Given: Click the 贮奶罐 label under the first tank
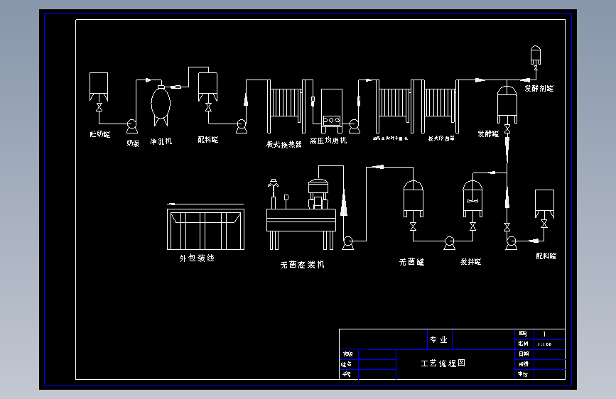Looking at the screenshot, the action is click(x=99, y=134).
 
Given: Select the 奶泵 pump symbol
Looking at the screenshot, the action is click(x=131, y=126).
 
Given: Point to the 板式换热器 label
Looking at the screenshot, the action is click(x=283, y=143).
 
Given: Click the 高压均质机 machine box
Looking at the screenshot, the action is click(x=332, y=110).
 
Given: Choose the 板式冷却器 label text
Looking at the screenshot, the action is click(x=441, y=139).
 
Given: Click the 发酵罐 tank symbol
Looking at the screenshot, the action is click(x=507, y=104).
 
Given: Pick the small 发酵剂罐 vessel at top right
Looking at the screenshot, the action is click(x=536, y=54).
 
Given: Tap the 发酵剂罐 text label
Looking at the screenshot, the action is click(x=539, y=89).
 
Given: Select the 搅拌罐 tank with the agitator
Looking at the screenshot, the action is click(x=473, y=198).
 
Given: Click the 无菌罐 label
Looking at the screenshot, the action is click(x=411, y=262).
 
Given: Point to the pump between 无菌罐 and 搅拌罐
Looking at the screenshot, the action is click(x=448, y=243).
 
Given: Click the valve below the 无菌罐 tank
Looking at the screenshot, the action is click(x=413, y=227).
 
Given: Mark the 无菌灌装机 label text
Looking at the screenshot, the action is click(x=303, y=265).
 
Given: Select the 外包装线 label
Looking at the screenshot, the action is click(x=197, y=258).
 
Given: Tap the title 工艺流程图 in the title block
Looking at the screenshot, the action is click(x=443, y=363).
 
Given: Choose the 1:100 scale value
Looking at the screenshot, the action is click(x=544, y=344).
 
